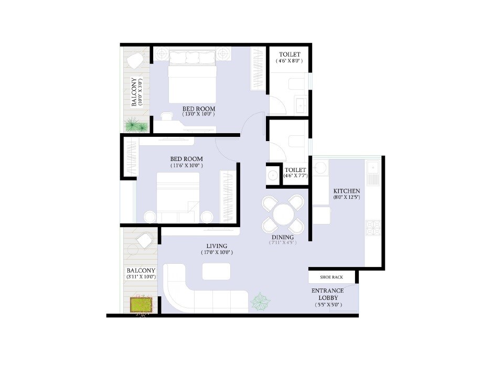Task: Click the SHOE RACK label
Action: tap(331, 277)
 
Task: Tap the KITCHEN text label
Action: tap(347, 191)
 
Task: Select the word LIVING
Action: tap(216, 246)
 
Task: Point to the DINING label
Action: tap(283, 237)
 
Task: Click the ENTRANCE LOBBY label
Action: tap(328, 294)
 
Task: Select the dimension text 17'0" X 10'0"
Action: tap(216, 253)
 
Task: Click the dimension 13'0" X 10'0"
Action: tap(199, 114)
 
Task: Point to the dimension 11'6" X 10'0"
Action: tap(187, 166)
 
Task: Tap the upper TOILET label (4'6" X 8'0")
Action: tap(290, 58)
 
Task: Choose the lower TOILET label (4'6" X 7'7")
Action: tap(295, 173)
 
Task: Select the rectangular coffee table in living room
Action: tap(216, 271)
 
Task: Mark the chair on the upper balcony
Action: tap(135, 60)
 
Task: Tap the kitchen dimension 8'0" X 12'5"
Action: tap(347, 198)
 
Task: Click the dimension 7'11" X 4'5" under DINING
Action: tap(283, 243)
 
